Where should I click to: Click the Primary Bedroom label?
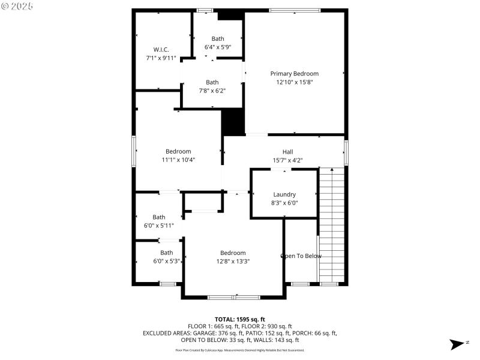pyautogui.click(x=294, y=73)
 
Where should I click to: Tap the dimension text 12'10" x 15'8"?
pyautogui.click(x=294, y=82)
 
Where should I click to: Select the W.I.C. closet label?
pyautogui.click(x=161, y=49)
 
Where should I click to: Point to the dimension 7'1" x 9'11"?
pyautogui.click(x=161, y=58)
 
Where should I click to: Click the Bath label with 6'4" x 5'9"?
pyautogui.click(x=217, y=38)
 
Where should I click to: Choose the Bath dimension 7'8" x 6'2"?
pyautogui.click(x=212, y=91)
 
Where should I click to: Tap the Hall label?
pyautogui.click(x=287, y=152)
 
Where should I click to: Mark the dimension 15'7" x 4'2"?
pyautogui.click(x=287, y=160)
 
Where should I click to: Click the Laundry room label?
pyautogui.click(x=284, y=194)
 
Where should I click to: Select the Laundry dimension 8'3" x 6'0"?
pyautogui.click(x=284, y=203)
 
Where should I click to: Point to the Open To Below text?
pyautogui.click(x=301, y=256)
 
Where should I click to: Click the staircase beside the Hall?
pyautogui.click(x=332, y=225)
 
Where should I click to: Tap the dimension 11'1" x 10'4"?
pyautogui.click(x=178, y=160)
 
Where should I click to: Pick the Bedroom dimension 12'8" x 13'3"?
pyautogui.click(x=233, y=261)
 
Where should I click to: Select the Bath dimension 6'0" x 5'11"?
pyautogui.click(x=158, y=226)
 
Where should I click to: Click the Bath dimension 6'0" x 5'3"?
pyautogui.click(x=166, y=261)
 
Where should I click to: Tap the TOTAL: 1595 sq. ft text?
pyautogui.click(x=239, y=319)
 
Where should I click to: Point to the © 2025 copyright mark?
pyautogui.click(x=18, y=6)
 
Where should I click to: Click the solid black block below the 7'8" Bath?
pyautogui.click(x=233, y=122)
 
